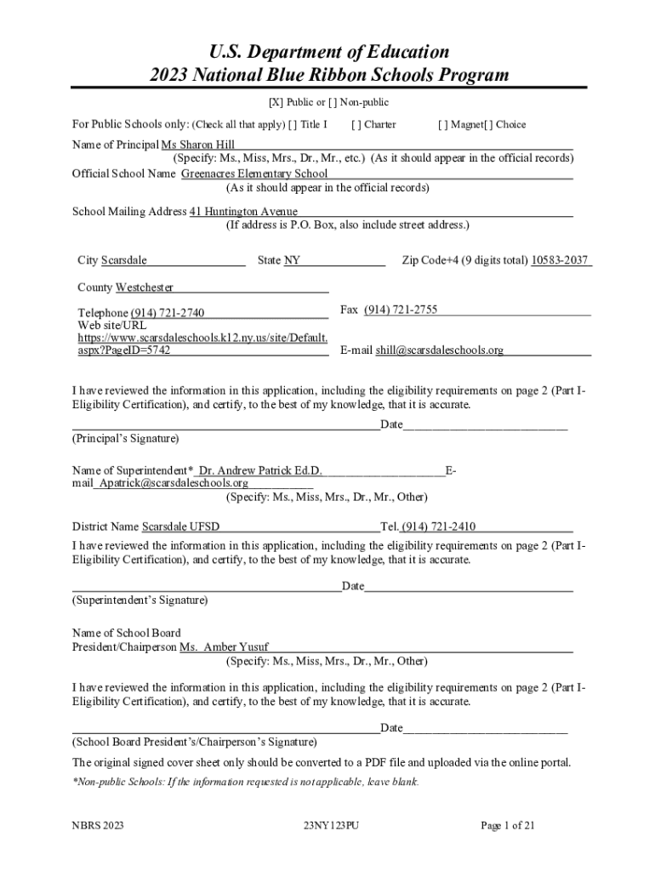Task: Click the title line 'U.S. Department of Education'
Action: pyautogui.click(x=327, y=52)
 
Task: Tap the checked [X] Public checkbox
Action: pyautogui.click(x=276, y=103)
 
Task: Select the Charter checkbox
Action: pyautogui.click(x=356, y=124)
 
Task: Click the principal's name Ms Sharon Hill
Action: pyautogui.click(x=198, y=145)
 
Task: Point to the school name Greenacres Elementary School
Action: pyautogui.click(x=254, y=174)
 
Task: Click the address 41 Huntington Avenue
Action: pyautogui.click(x=243, y=211)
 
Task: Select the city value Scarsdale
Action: pyautogui.click(x=124, y=259)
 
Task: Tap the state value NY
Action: pyautogui.click(x=292, y=259)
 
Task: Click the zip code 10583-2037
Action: pyautogui.click(x=560, y=259)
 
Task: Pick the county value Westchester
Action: pyautogui.click(x=145, y=287)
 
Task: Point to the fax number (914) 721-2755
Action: pyautogui.click(x=401, y=310)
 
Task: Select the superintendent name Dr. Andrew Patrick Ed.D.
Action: pyautogui.click(x=259, y=470)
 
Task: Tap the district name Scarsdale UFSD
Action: pyautogui.click(x=180, y=527)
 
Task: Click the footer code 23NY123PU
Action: pyautogui.click(x=331, y=825)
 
